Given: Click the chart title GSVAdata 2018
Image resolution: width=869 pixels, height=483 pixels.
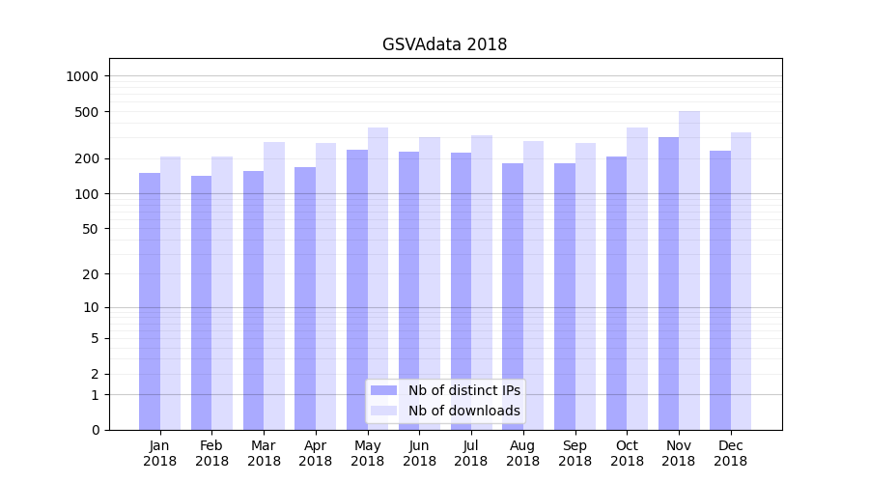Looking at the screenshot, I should pyautogui.click(x=444, y=44).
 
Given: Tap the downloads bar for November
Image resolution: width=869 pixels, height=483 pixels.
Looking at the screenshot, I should pyautogui.click(x=689, y=270).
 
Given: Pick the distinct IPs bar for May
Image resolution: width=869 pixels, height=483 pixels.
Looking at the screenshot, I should pyautogui.click(x=357, y=290).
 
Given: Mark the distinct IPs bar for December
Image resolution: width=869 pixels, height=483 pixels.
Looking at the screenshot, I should pyautogui.click(x=720, y=290).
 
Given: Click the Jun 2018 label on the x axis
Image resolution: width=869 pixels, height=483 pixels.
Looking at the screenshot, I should pyautogui.click(x=419, y=453).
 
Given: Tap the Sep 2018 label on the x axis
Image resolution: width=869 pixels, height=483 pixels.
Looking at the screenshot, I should pyautogui.click(x=575, y=453).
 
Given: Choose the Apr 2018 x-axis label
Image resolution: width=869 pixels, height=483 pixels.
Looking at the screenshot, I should pyautogui.click(x=316, y=453).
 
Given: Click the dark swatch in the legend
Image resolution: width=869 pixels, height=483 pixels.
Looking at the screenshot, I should pyautogui.click(x=383, y=390).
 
